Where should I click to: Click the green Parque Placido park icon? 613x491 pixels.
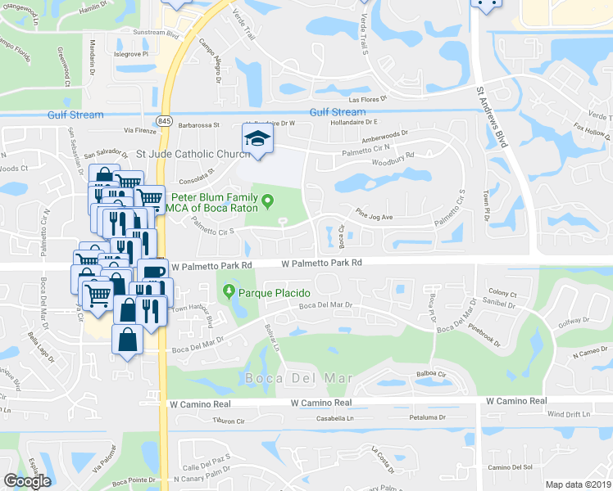228,292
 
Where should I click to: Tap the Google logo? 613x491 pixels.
27,481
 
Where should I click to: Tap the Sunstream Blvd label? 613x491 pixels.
156,34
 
